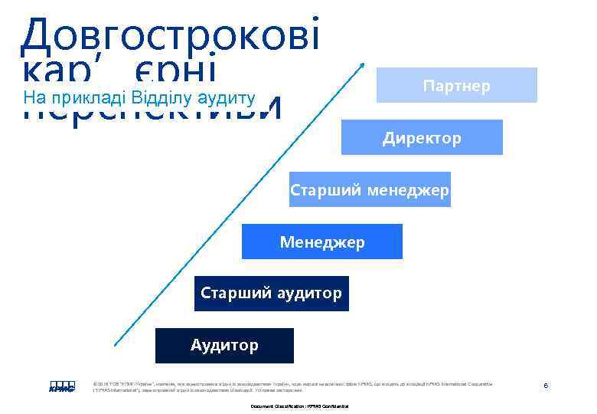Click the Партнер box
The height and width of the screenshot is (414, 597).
(456, 85)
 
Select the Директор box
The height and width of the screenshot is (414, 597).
(422, 138)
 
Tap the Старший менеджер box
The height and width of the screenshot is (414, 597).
(370, 189)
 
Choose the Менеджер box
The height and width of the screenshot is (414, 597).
(322, 242)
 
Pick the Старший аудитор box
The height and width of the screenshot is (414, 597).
(271, 293)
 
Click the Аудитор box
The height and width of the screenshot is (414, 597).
(224, 345)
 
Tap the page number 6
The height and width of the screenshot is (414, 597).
(546, 385)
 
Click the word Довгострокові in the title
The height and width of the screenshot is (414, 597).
(170, 34)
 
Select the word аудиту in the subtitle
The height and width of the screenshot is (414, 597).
(226, 98)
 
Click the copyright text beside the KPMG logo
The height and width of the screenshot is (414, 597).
(291, 386)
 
